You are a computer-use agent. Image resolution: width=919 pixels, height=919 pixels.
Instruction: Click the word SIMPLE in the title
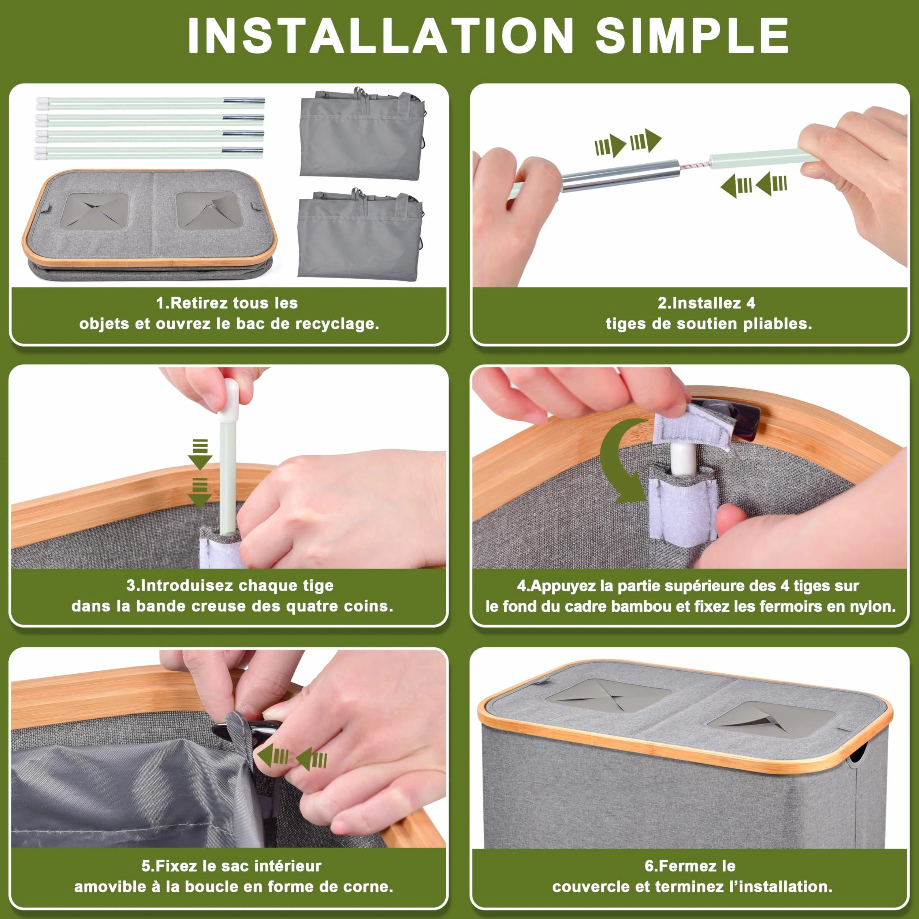(x=692, y=36)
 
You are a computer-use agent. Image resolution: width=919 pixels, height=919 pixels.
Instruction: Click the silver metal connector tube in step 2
(x=620, y=175)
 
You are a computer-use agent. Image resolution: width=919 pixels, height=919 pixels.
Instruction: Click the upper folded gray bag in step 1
(x=361, y=134)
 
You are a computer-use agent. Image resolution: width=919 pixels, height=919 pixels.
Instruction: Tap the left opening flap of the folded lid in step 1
(x=95, y=211)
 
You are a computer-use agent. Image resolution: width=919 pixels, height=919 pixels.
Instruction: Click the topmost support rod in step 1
(x=150, y=101)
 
